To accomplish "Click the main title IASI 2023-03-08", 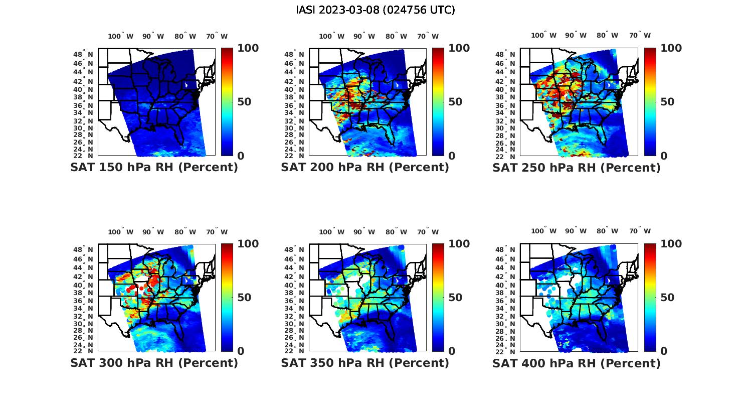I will coord(375,10).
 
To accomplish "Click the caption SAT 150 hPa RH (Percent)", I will coord(154,168).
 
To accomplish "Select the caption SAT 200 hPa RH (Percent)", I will coord(365,168).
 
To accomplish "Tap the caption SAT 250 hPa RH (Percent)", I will coord(577,168).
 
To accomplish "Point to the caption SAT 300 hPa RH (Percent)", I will coord(154,363).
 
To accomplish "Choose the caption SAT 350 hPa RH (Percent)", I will coord(365,363).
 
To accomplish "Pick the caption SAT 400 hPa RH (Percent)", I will coord(577,363).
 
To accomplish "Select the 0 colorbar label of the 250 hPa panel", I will coord(664,156).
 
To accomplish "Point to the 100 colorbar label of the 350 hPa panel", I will coord(459,244).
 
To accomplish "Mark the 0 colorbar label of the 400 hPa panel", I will coord(664,351).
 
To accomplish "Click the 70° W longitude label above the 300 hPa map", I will coord(217,232).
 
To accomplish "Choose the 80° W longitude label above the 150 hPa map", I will coord(185,36).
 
